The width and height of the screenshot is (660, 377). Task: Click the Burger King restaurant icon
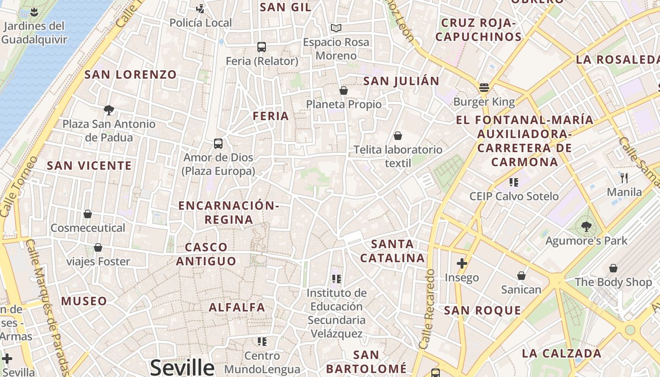point(484,88)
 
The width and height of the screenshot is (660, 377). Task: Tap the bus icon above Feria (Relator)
point(262,47)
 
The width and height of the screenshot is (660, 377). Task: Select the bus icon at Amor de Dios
point(218,144)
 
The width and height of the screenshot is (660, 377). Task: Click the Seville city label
point(182,367)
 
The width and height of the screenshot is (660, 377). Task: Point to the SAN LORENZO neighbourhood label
point(131,74)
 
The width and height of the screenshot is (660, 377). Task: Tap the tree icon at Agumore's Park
point(586,227)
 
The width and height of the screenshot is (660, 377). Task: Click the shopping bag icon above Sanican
point(521,276)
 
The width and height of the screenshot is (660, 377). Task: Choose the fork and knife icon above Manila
point(625,178)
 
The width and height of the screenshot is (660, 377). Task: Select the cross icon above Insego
point(462,263)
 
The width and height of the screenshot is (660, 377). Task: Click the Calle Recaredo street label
point(427,309)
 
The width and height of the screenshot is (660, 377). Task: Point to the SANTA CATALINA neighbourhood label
point(393,251)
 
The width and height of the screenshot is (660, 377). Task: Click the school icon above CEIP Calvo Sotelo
point(514,182)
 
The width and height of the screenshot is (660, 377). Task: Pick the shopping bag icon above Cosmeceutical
point(88,214)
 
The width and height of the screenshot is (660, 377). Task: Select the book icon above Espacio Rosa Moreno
point(336,28)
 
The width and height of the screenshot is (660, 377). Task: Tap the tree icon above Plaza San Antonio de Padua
point(109,110)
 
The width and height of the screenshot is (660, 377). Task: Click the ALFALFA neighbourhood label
point(237,307)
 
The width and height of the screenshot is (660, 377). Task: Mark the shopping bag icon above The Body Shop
point(613,268)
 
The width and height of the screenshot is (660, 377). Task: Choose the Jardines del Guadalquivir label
point(34,33)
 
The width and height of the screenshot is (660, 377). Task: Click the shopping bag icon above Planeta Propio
point(344,90)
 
